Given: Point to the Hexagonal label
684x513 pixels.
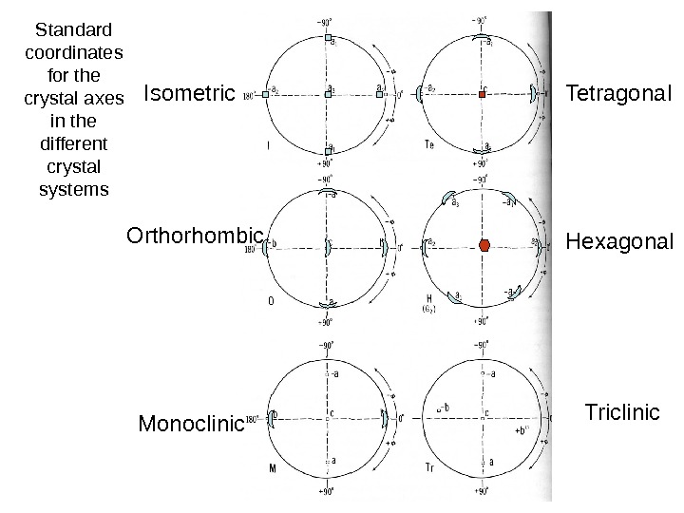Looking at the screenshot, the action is [618, 241].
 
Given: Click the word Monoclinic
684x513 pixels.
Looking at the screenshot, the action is [191, 423].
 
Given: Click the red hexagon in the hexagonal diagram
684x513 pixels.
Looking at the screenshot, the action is [485, 244].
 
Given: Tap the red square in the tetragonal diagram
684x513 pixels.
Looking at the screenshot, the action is [484, 93].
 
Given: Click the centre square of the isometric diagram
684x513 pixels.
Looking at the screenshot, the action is [327, 94].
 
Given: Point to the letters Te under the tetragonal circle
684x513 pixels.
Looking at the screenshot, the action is [429, 145].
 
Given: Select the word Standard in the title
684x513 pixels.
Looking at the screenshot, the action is [75, 28].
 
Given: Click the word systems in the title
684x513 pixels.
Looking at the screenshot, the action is [75, 188].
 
